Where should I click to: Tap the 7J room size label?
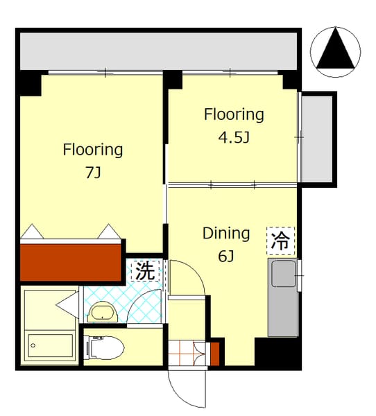click(93, 173)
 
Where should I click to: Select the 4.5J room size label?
click(234, 137)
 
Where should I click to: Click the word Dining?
click(226, 234)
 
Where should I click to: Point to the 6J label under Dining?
click(226, 257)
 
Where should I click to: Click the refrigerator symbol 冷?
click(281, 241)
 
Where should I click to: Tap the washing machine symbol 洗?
click(145, 270)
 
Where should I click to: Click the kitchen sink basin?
click(284, 274)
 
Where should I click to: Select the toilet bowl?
click(105, 347)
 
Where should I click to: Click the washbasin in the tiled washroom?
click(103, 312)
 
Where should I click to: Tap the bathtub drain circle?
click(33, 345)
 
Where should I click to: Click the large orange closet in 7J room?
click(71, 262)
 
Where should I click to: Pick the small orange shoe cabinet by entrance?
click(215, 354)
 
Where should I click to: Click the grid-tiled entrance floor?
click(187, 353)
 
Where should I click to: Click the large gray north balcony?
click(159, 51)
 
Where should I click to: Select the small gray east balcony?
click(317, 139)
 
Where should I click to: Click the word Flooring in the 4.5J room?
click(234, 114)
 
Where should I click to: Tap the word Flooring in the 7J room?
click(93, 150)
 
